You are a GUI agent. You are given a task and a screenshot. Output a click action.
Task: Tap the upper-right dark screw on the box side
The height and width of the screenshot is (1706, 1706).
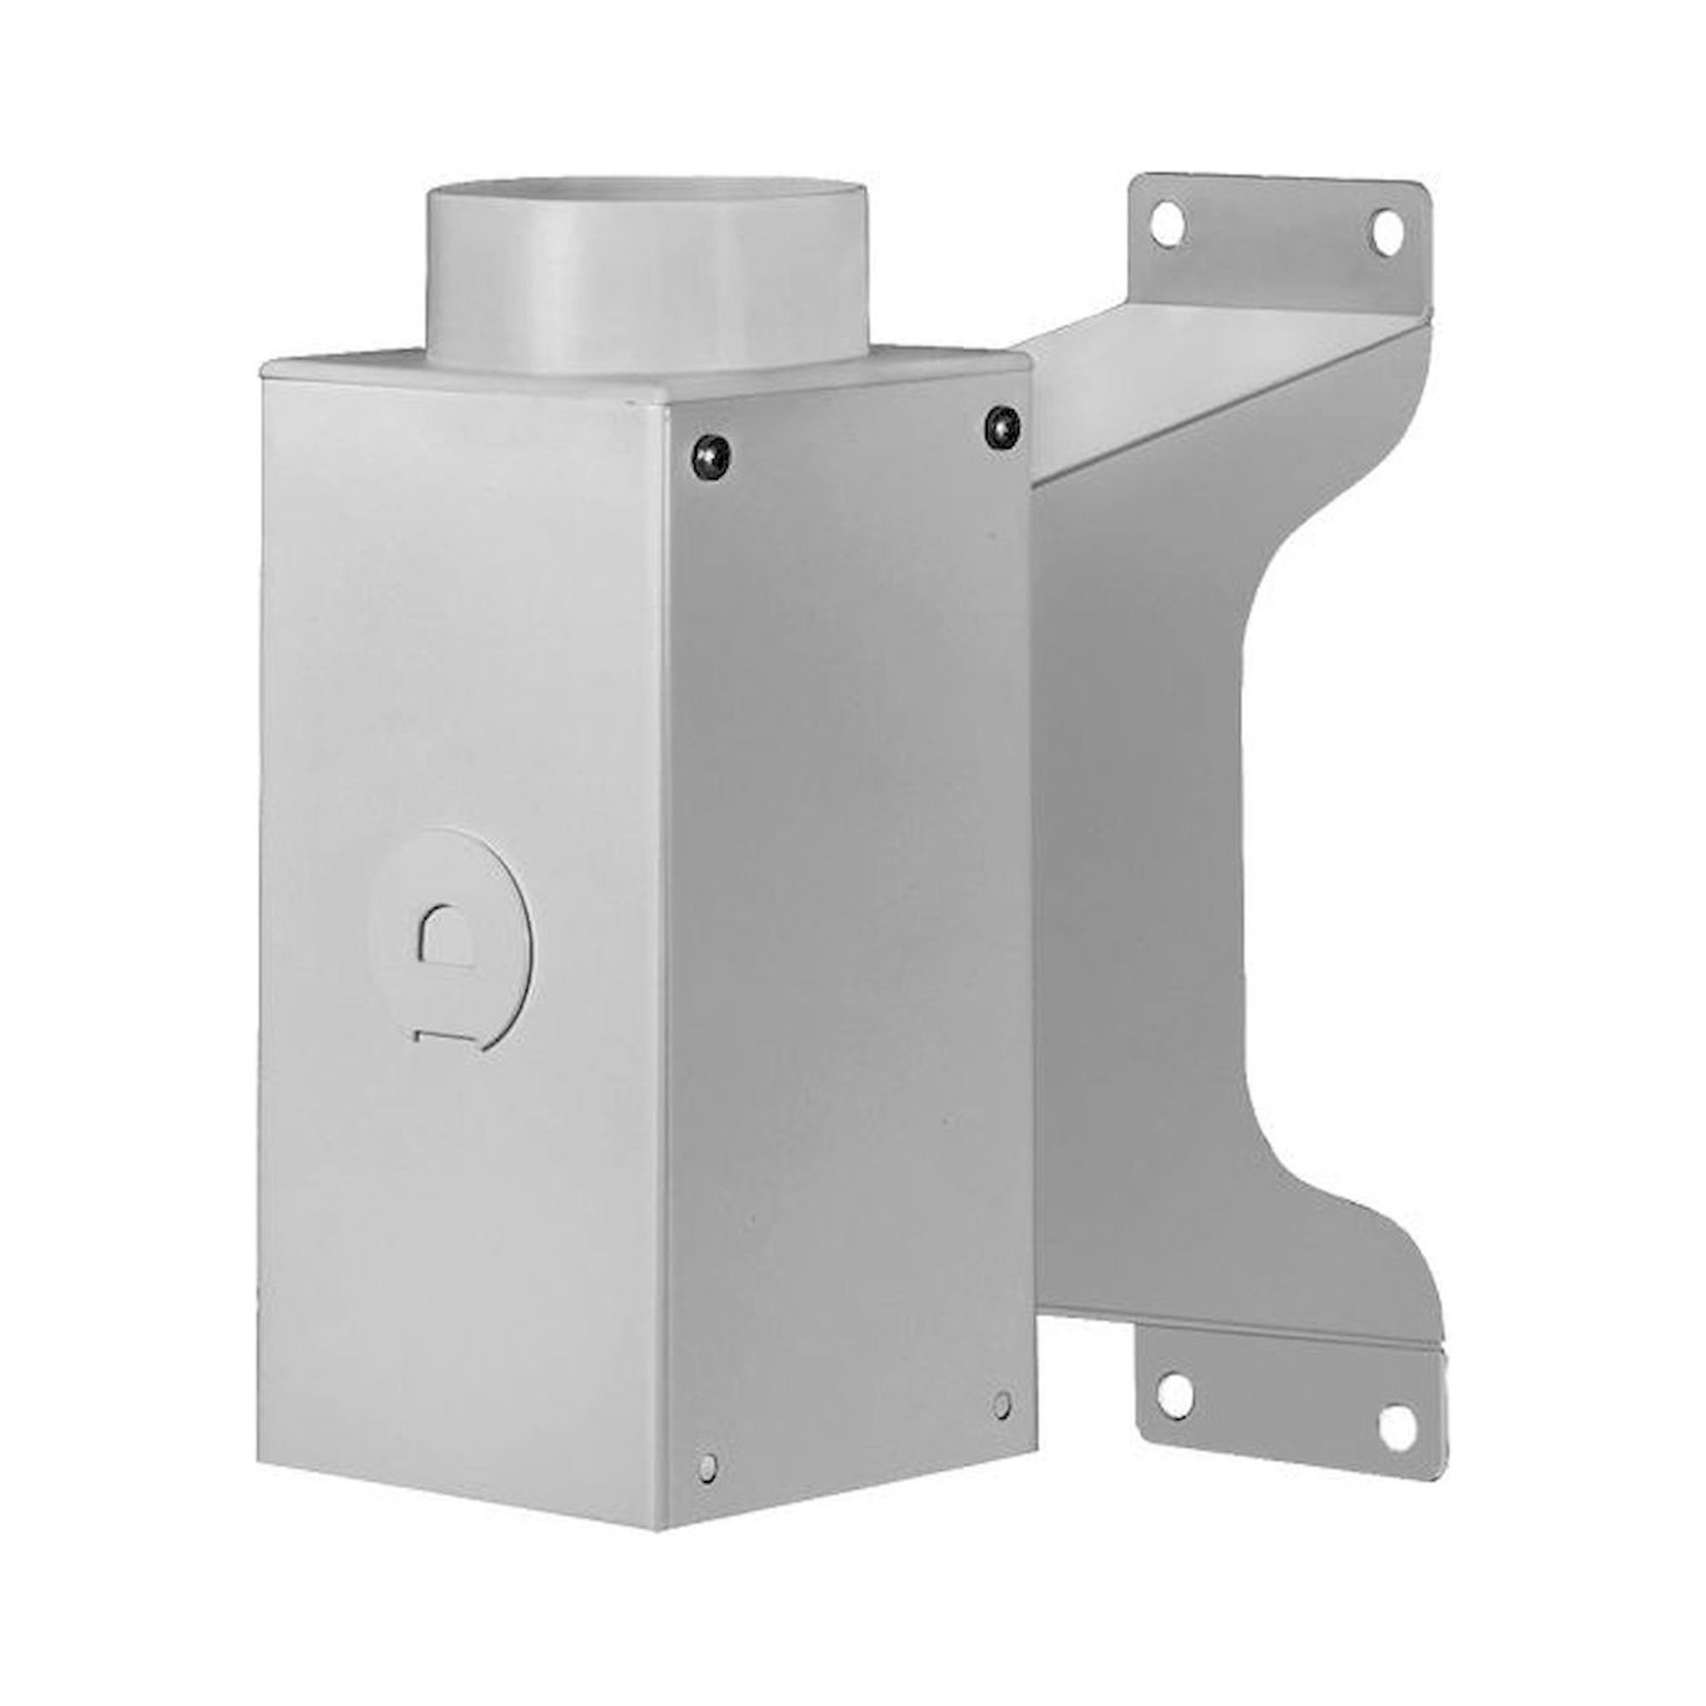(1001, 424)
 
